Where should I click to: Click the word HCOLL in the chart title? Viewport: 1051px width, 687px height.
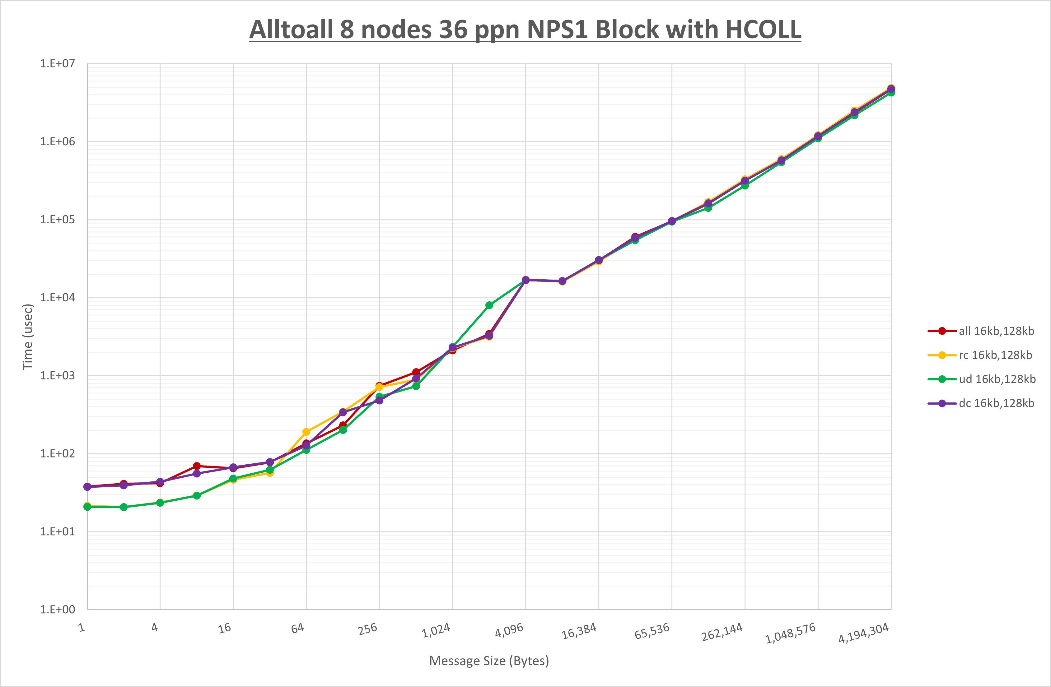pos(763,30)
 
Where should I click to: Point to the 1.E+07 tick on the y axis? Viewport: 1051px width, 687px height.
pos(58,63)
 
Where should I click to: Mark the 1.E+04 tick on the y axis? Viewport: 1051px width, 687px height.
pos(58,298)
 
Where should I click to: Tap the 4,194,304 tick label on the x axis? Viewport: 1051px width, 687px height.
pos(864,633)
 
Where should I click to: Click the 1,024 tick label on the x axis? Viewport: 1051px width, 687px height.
pos(436,630)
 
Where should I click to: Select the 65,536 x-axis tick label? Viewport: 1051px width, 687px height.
pos(652,631)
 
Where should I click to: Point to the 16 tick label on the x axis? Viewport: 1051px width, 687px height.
pos(225,628)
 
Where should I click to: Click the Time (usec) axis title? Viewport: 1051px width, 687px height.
pos(28,337)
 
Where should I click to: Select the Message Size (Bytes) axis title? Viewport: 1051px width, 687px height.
pos(489,661)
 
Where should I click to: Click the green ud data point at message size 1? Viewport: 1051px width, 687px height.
pos(87,507)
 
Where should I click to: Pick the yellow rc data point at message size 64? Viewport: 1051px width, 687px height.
pos(306,432)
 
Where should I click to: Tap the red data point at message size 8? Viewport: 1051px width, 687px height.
pos(197,466)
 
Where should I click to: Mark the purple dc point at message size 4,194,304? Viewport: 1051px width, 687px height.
pos(891,89)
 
